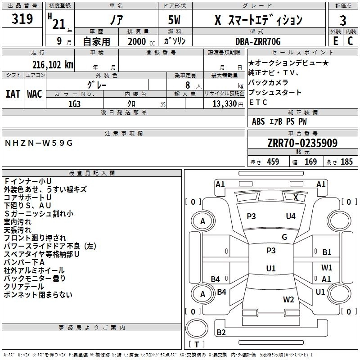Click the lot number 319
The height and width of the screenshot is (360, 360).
pos(22,19)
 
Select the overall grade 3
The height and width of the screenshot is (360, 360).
pos(343,21)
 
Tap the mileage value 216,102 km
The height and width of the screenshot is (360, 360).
pos(53,65)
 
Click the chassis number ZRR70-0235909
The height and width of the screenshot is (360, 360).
pos(302,143)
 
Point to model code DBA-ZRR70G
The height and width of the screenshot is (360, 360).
pos(258,41)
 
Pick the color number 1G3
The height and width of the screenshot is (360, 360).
pos(74,104)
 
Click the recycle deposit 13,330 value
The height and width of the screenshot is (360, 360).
pos(225,104)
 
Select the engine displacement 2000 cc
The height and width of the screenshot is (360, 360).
pos(141,41)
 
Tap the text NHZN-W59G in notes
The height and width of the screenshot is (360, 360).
pos(39,143)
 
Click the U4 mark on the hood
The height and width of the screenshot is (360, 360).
pos(291,216)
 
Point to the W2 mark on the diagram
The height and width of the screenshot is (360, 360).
pos(288,299)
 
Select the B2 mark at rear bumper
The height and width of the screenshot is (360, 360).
pos(221,332)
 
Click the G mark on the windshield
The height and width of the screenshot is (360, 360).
pos(284,237)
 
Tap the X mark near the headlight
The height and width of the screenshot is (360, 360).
pos(296,198)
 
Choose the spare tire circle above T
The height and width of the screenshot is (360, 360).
pos(197,328)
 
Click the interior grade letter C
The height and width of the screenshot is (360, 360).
pos(350,41)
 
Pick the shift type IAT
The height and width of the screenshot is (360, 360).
pos(13,94)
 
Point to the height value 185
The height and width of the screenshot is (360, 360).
pos(346,162)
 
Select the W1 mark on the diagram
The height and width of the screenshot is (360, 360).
pos(327,267)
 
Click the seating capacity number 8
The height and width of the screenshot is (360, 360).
pos(188,85)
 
